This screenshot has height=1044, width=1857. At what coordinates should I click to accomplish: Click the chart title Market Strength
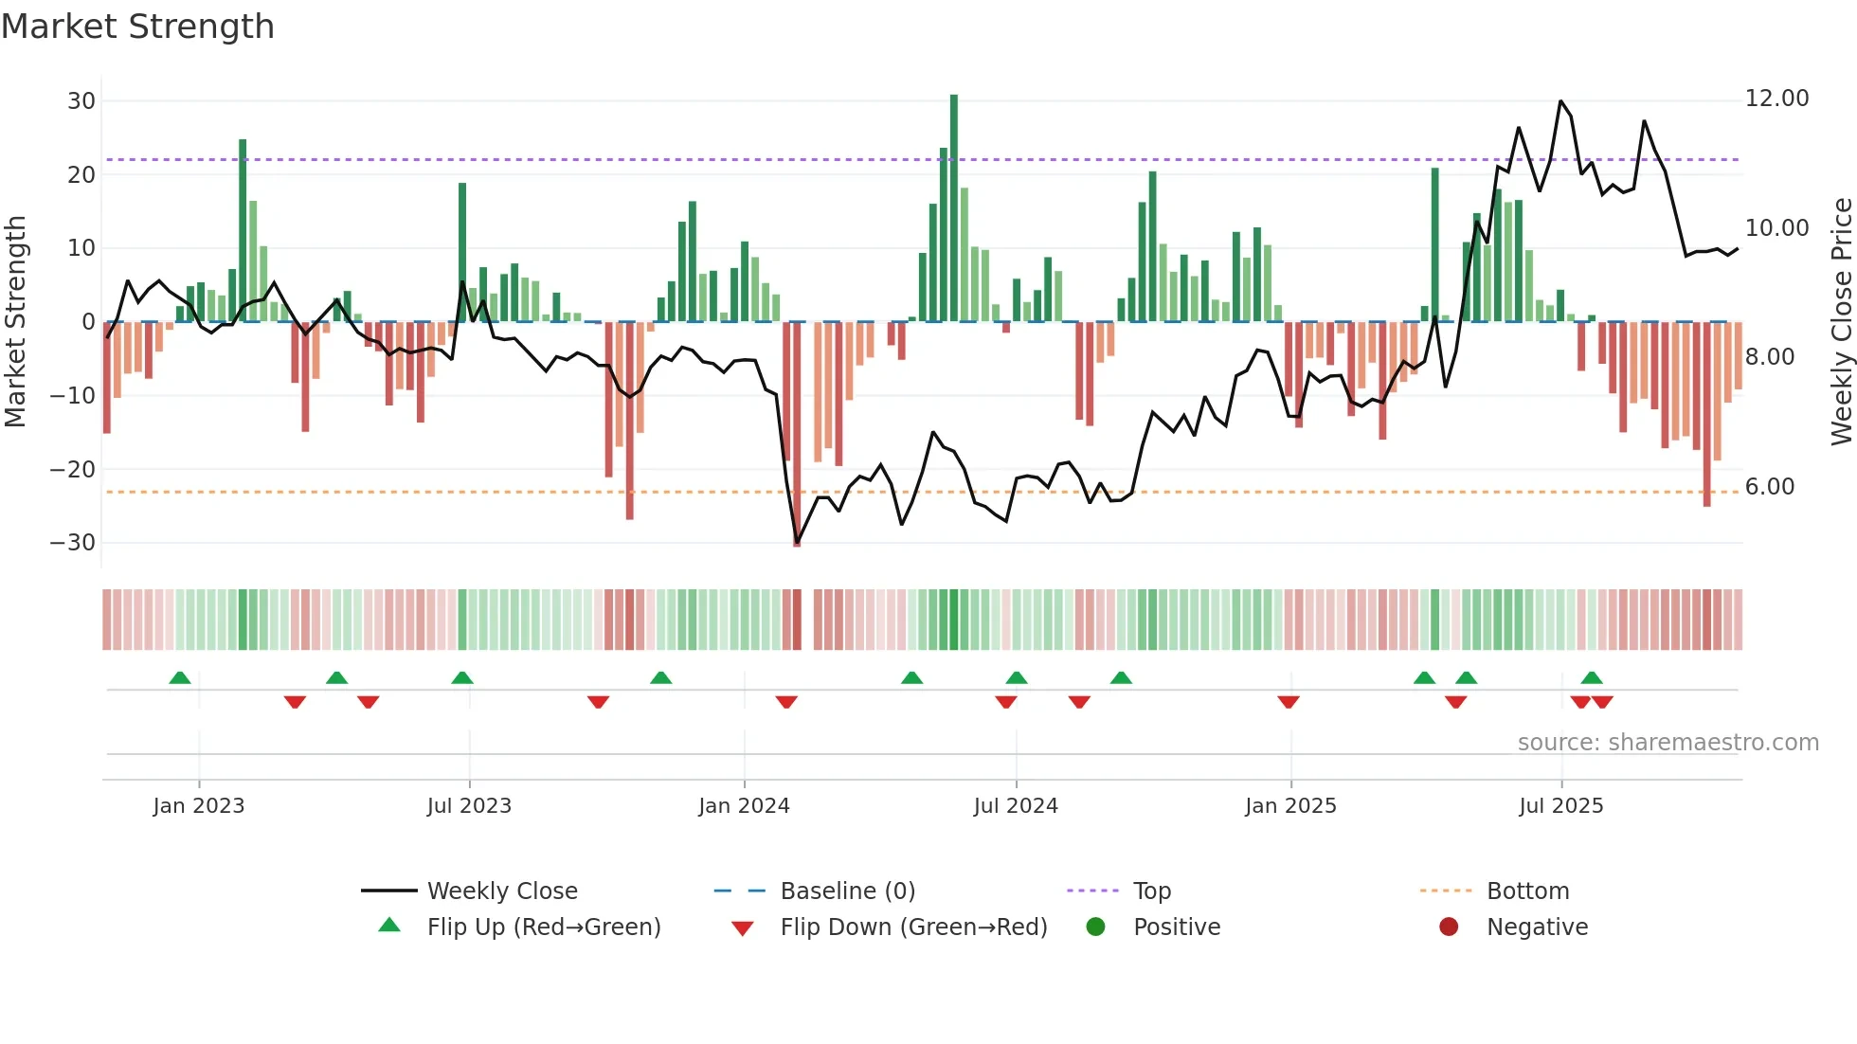137,27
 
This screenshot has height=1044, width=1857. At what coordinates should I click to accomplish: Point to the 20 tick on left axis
81,175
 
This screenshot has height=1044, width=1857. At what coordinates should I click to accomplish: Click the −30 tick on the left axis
74,543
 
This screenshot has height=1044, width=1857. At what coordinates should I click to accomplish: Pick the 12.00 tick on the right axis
1776,99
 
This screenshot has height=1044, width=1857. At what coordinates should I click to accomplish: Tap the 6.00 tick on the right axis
1769,487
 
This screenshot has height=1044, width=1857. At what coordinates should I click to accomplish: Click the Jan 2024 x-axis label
744,806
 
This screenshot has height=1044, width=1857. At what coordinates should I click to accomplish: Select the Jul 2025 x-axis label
1560,806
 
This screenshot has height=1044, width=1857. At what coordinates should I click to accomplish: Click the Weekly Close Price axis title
1841,322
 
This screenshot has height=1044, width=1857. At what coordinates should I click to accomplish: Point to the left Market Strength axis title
15,322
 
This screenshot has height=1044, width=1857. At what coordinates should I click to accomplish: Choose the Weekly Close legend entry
501,891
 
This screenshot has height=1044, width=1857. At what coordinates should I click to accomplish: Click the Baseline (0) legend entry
847,891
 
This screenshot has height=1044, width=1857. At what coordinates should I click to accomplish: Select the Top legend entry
1151,891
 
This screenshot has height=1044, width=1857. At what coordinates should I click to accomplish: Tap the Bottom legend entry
1527,891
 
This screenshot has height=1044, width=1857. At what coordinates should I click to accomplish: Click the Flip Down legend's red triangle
743,928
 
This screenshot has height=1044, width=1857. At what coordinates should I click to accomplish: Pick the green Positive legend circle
1096,927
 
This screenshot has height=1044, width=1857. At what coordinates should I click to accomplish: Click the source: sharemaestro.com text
1668,743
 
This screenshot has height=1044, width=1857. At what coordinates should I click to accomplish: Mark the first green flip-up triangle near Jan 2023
180,677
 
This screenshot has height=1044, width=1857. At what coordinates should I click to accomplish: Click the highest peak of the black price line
1560,100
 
